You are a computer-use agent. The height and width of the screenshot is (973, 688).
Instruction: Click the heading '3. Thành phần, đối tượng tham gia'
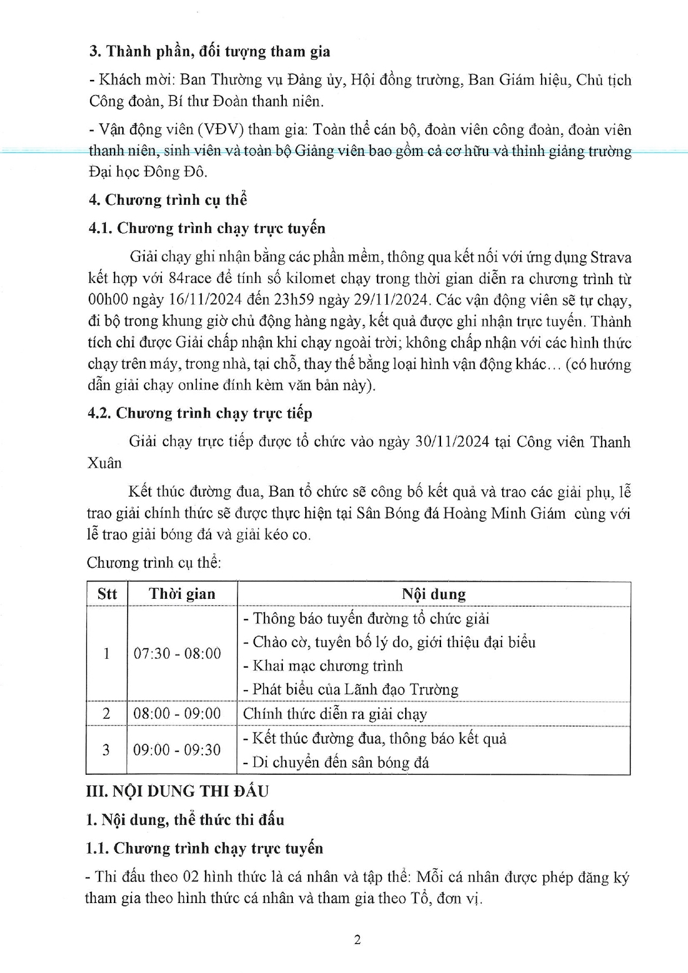point(209,52)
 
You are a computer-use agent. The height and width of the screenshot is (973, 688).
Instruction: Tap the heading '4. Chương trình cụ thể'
point(168,200)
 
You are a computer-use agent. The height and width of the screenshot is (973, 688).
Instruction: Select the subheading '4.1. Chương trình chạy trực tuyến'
point(206,228)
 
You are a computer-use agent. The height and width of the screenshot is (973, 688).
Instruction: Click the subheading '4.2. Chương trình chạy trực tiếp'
point(199,413)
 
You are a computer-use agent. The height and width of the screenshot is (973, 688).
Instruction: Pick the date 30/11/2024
point(452,442)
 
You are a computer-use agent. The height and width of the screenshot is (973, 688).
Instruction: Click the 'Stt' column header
point(107,594)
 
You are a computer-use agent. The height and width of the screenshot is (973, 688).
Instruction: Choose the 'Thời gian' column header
point(182,594)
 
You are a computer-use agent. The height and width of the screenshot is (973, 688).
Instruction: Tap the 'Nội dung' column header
point(433,594)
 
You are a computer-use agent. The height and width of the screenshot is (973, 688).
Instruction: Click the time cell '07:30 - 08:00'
point(178,654)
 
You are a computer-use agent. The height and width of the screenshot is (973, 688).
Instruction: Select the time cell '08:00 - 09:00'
point(178,714)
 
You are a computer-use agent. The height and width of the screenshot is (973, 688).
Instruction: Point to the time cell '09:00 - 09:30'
point(178,750)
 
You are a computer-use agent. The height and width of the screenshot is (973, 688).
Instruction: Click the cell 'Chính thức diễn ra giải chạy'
point(335,714)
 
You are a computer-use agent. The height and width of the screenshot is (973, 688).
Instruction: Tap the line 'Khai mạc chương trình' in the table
point(328,666)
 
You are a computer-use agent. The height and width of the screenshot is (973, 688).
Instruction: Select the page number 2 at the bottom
point(358,939)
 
